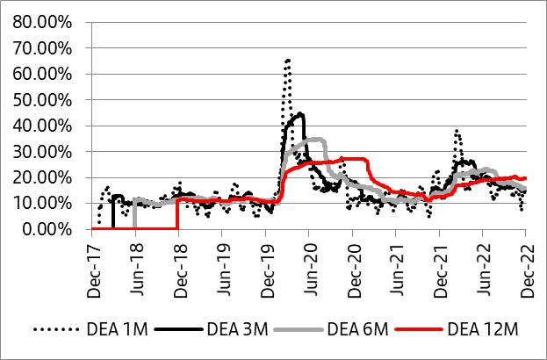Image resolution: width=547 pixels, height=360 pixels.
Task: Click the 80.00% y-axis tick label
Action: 44,21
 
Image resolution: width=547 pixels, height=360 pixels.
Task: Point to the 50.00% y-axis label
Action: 44,99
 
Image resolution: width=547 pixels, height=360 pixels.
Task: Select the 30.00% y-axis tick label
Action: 44,151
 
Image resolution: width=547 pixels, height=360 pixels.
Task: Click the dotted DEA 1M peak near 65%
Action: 287,61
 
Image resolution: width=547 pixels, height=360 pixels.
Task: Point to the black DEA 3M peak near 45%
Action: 301,114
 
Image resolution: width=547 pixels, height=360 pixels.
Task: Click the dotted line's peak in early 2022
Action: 457,131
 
